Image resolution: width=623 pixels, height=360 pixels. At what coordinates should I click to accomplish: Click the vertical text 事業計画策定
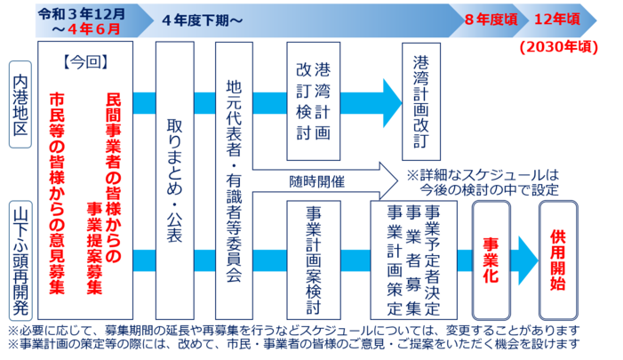[x=395, y=258]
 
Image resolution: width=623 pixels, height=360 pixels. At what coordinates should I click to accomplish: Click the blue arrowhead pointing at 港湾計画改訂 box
[x=389, y=93]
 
